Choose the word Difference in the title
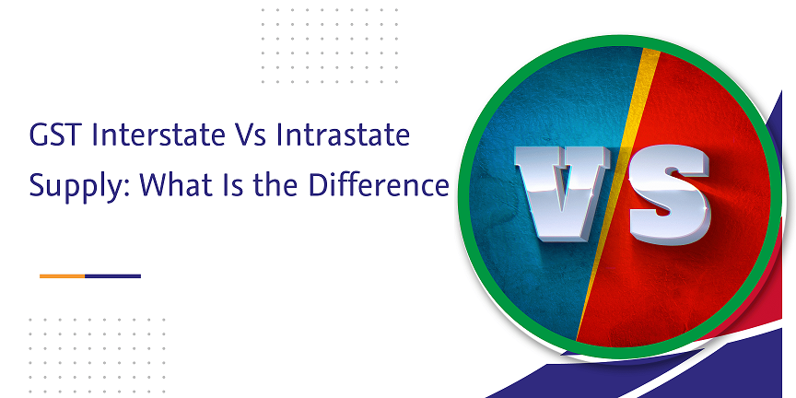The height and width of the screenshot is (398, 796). click(x=379, y=185)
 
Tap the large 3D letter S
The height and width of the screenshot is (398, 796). click(x=669, y=193)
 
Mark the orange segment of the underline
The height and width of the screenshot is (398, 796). click(x=62, y=276)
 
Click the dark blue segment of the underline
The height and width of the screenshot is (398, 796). click(x=112, y=276)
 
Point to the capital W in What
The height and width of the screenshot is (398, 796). click(x=155, y=185)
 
